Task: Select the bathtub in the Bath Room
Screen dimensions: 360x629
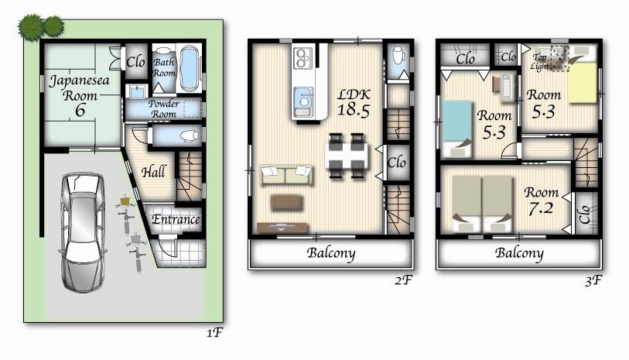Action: [189, 68]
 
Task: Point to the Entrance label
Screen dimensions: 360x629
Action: [175, 220]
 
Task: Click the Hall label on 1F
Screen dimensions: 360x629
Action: [152, 172]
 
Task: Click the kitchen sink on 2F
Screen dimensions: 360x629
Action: [303, 100]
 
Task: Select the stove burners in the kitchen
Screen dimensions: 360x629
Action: [302, 57]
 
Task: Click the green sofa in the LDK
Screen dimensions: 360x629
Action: [286, 175]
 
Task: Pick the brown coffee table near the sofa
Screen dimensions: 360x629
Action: [285, 202]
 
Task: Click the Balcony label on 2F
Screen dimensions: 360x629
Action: [330, 253]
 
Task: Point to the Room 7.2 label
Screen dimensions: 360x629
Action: [541, 200]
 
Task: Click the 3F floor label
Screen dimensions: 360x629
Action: [593, 280]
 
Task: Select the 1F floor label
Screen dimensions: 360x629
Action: [215, 334]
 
